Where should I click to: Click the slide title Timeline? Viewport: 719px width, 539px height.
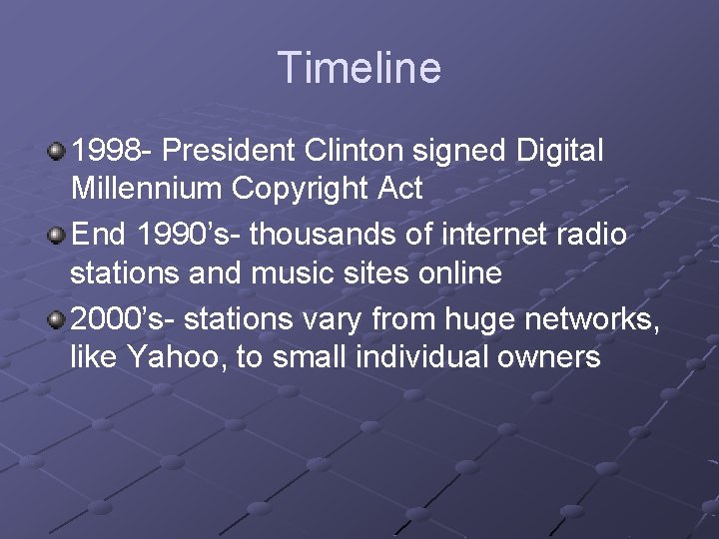tap(359, 68)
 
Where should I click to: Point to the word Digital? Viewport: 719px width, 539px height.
tap(560, 151)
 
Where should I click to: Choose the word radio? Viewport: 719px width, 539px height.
tap(592, 236)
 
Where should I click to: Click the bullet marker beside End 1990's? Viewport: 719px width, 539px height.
tap(57, 235)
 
